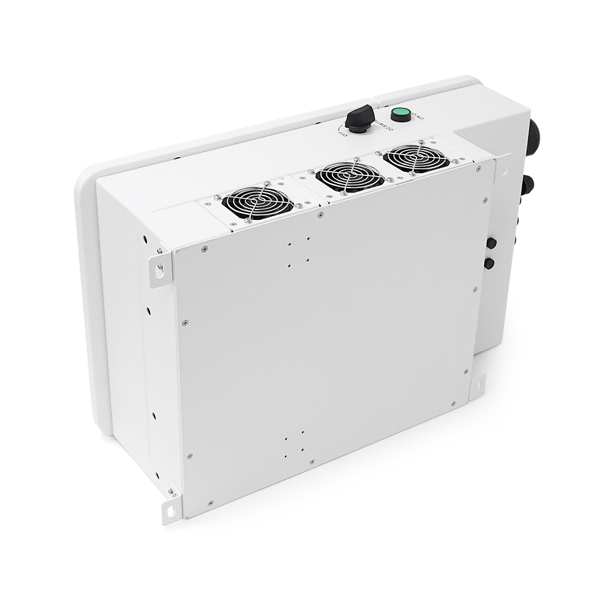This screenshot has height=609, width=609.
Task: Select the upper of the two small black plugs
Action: pos(491,244)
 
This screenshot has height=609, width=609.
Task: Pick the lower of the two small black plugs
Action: pos(488,263)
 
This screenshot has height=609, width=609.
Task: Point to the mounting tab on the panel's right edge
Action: pos(477,385)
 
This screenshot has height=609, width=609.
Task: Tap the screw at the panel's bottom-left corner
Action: pos(210,502)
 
